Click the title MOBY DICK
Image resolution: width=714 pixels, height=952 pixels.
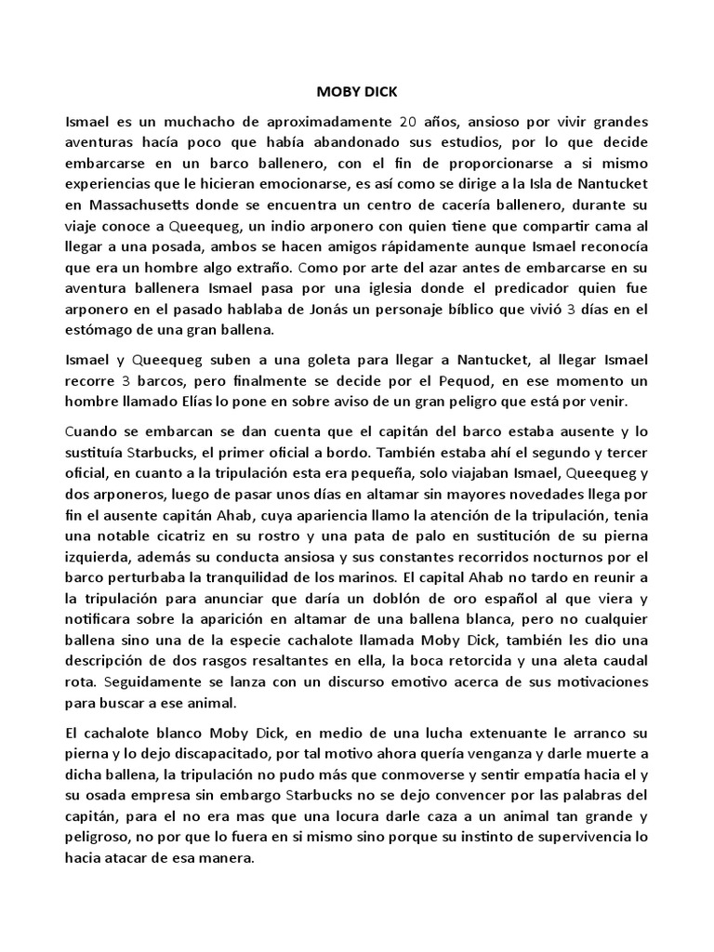[356, 93]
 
